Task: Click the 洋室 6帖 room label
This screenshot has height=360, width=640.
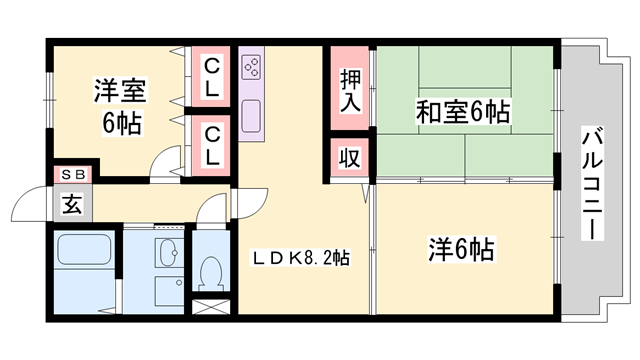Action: click(121, 106)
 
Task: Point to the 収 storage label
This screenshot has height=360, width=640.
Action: click(348, 158)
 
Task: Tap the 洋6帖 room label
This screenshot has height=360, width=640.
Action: click(462, 248)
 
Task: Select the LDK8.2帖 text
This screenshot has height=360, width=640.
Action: click(300, 258)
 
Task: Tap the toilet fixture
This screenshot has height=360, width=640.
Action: click(210, 270)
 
